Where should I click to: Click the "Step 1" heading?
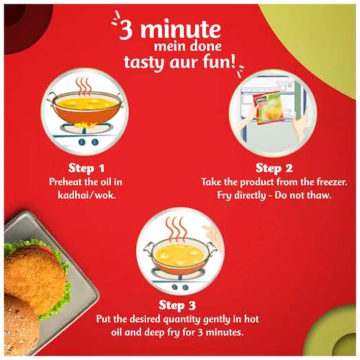click(86, 168)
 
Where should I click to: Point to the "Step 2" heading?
click(274, 168)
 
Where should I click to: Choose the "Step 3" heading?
click(177, 305)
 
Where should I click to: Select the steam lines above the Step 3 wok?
click(175, 230)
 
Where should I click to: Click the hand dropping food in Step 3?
click(212, 239)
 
